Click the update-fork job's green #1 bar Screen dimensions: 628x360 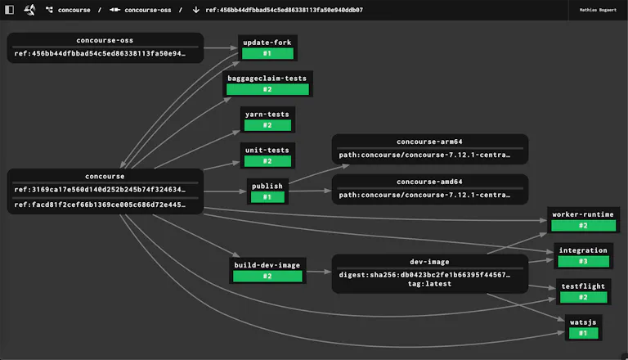(267, 53)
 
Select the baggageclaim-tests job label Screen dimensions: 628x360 (267, 79)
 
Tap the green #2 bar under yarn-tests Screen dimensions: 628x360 (267, 125)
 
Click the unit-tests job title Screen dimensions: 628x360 (267, 150)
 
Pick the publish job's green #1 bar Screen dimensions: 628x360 (267, 197)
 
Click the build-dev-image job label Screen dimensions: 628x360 (267, 265)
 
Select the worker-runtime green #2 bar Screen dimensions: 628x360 (583, 226)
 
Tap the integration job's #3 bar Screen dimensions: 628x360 (583, 261)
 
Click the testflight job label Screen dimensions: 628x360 (583, 286)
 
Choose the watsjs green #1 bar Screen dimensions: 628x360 (583, 333)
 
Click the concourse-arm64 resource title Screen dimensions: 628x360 (429, 142)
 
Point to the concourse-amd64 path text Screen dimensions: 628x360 (424, 195)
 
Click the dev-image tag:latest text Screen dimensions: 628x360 (429, 284)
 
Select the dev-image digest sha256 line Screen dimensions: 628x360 (424, 275)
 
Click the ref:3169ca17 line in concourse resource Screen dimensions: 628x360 (100, 189)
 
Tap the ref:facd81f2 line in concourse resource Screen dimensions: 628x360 (100, 205)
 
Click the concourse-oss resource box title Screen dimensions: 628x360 (105, 40)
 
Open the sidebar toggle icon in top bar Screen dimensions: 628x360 (9, 10)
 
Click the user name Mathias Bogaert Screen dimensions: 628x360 (598, 10)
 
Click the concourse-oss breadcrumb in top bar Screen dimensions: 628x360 (148, 10)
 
